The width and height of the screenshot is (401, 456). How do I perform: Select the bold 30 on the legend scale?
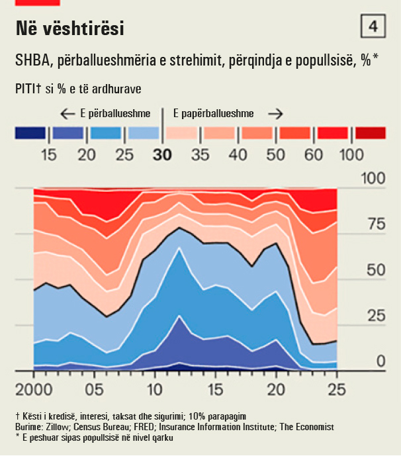coord(162,155)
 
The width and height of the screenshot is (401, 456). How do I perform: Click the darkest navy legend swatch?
coord(30,134)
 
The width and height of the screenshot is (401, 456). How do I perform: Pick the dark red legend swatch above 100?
coord(371,134)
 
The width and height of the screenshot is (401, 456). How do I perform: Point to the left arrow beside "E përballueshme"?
coord(67,113)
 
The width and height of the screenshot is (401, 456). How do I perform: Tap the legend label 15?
coord(48,155)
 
